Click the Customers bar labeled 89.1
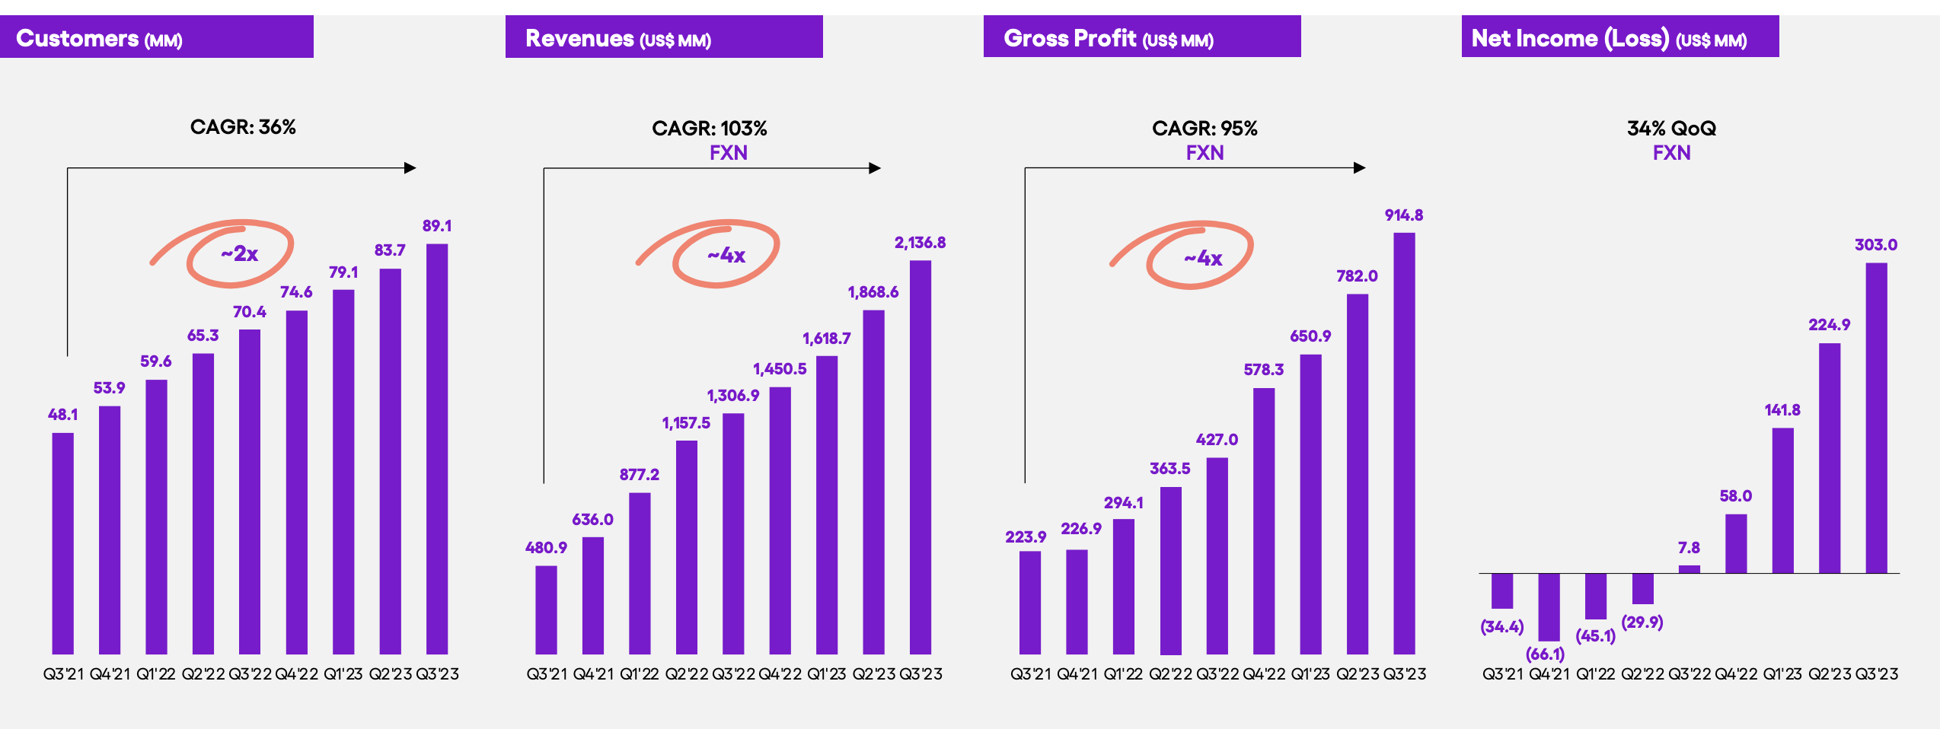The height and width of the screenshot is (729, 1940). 437,449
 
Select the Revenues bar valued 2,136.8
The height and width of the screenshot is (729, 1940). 920,457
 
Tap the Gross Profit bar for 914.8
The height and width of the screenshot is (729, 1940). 1404,443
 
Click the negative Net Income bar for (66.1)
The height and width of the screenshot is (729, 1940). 1549,606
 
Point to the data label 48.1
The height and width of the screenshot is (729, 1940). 62,415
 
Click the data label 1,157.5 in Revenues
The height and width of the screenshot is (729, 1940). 685,423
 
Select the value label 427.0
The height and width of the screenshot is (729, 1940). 1217,440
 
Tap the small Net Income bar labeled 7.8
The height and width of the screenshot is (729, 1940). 1689,568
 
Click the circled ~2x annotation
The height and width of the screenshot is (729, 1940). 240,254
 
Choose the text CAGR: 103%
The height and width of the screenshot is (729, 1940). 709,129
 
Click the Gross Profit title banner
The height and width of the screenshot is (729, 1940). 1141,37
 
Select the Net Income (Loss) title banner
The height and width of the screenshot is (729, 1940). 1619,37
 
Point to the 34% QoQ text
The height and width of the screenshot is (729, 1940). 1671,129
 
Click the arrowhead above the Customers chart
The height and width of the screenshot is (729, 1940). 410,168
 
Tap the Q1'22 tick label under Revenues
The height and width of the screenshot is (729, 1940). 639,674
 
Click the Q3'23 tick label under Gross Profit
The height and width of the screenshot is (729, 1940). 1404,674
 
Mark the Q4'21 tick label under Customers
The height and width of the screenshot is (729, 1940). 110,674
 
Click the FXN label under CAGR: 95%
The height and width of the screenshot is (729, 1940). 1205,153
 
